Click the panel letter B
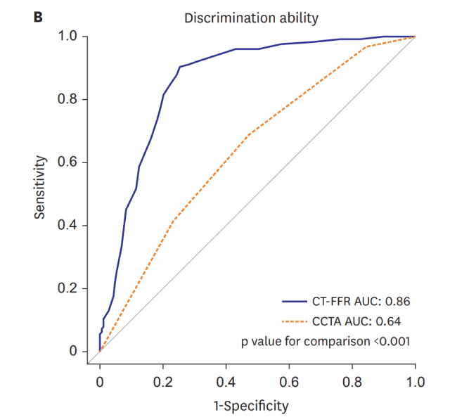[37, 16]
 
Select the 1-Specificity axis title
[250, 405]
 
